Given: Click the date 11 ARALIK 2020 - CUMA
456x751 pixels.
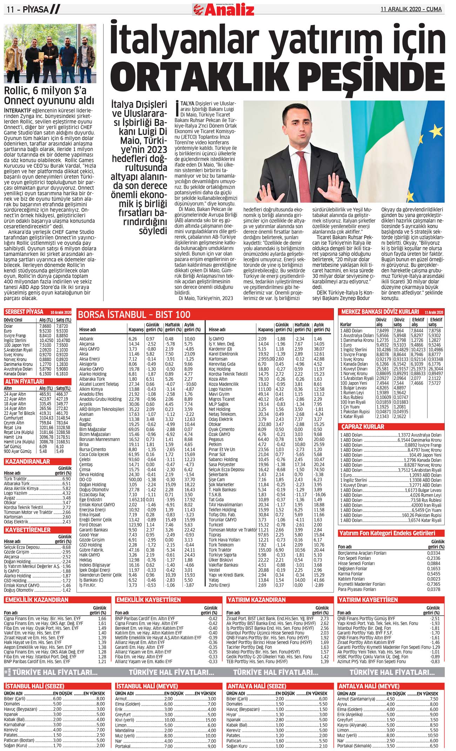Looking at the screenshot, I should pos(411,9).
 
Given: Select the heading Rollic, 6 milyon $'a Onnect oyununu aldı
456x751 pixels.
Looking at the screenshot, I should pos(49,95).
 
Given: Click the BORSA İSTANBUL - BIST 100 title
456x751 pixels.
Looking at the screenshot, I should pos(134,314).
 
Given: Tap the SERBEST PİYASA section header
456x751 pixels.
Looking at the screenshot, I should pos(24,312).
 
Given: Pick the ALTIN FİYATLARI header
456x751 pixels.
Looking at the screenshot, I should pos(24,381).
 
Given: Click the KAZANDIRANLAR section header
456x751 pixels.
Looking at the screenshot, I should pos(27,462).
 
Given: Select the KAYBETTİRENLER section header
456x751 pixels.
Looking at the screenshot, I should pos(28,530).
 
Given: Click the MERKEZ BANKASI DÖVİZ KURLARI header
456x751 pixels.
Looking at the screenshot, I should pos(380,311).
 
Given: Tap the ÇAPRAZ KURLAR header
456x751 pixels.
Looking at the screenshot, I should pos(363,427).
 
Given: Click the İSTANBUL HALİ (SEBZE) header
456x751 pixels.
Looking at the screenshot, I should pos(34,686).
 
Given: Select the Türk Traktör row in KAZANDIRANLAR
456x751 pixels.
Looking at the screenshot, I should pos(15,479).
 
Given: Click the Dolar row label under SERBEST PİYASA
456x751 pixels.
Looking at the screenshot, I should pos(8,326).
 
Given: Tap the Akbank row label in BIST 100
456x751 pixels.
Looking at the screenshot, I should pos(86,339).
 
